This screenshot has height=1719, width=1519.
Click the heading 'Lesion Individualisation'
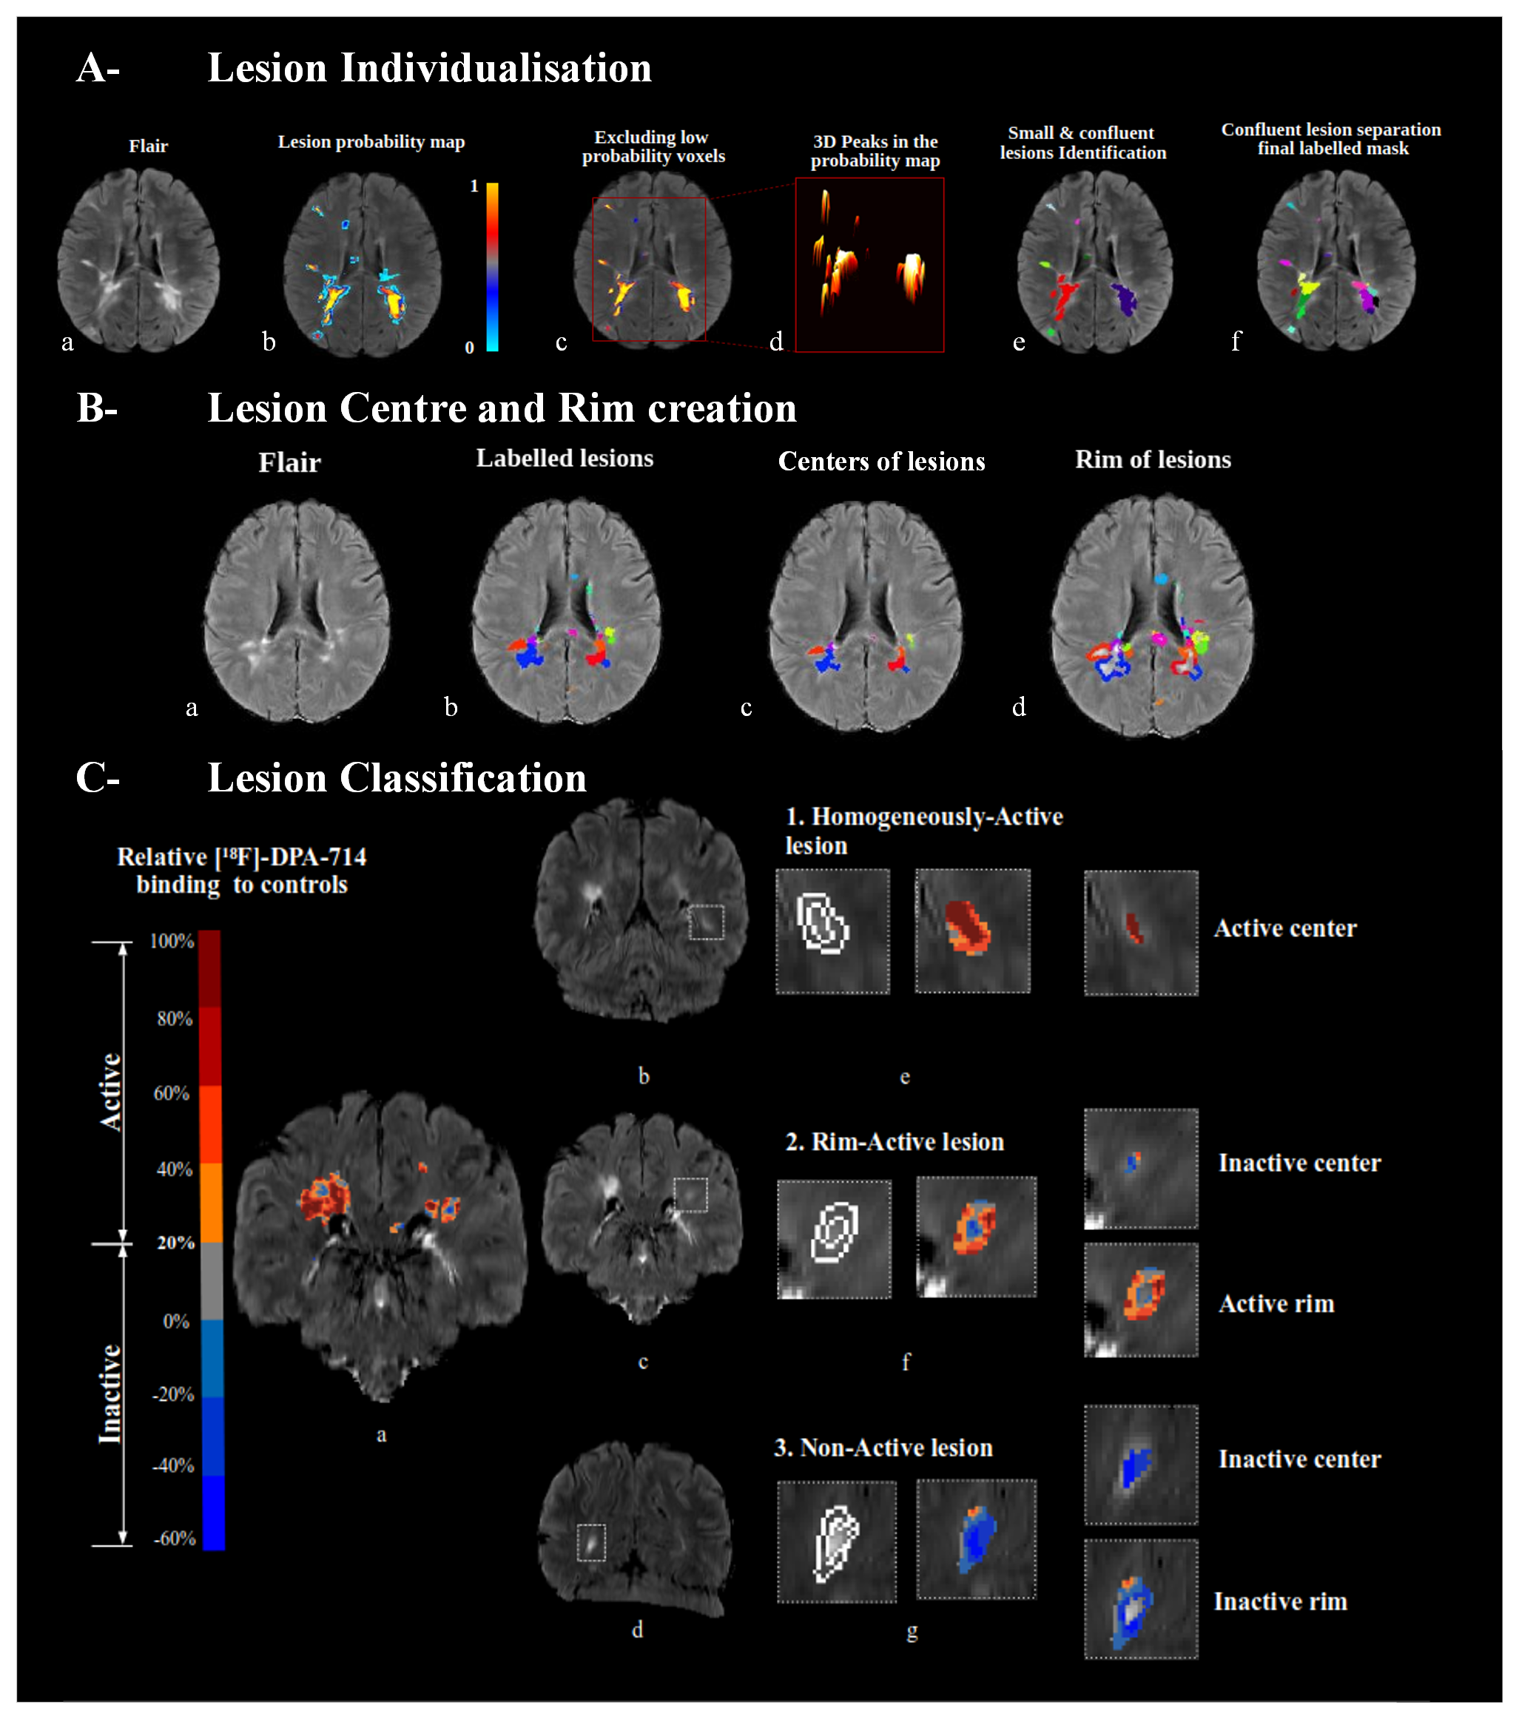tap(429, 68)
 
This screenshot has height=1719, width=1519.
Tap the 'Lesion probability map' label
tap(371, 142)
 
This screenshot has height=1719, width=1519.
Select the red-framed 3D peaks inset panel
tap(869, 264)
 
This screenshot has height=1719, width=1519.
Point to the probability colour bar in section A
tap(492, 266)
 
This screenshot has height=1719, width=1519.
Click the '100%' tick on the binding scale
tap(172, 941)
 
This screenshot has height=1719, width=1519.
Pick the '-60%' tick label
tap(174, 1539)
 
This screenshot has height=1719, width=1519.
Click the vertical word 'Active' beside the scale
tap(111, 1091)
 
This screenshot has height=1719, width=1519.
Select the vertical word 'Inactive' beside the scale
tap(111, 1394)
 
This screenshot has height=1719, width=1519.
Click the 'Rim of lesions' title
tap(1152, 460)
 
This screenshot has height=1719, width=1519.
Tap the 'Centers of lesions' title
tap(880, 462)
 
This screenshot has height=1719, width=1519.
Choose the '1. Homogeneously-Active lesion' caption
tap(923, 830)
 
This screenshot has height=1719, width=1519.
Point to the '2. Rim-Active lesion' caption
tap(894, 1141)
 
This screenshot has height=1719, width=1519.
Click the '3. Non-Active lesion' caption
tap(883, 1448)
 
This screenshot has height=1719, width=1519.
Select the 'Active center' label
tap(1285, 928)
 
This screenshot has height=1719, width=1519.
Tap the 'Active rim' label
tap(1276, 1303)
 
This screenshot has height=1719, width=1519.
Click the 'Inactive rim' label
tap(1280, 1601)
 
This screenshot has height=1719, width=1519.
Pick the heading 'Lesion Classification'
tap(396, 778)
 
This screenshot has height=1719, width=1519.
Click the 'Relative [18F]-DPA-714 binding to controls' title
tap(241, 871)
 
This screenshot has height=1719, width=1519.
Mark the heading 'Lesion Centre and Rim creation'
tap(502, 409)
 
